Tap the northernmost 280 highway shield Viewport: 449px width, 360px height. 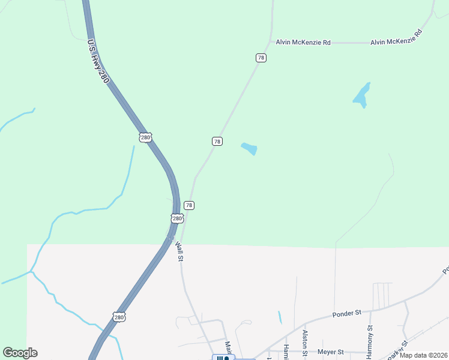[x=145, y=137]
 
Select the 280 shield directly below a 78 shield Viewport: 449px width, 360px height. [x=176, y=218]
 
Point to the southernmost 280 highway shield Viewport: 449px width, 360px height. [x=119, y=317]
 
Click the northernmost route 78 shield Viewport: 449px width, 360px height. [x=261, y=58]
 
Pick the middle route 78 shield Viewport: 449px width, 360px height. [x=217, y=141]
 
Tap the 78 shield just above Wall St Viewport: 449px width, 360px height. [x=189, y=205]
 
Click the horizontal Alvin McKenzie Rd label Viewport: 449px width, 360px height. [x=303, y=43]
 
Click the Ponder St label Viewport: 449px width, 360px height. [x=346, y=313]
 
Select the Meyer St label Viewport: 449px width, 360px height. [x=331, y=352]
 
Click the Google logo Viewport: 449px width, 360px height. [x=20, y=353]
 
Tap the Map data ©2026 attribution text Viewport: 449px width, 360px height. [x=423, y=355]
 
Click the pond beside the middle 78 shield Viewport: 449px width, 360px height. [x=249, y=148]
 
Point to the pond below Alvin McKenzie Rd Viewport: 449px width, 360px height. [x=361, y=94]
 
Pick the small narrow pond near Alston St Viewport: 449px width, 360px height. [x=280, y=317]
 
